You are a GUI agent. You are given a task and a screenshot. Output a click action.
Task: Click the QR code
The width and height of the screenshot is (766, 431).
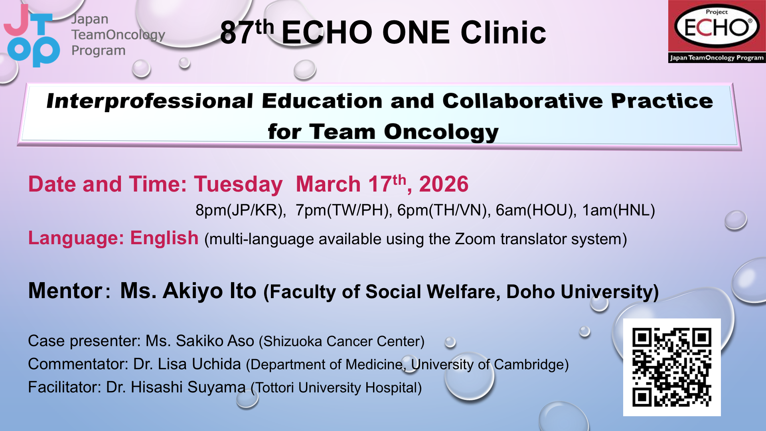(x=672, y=367)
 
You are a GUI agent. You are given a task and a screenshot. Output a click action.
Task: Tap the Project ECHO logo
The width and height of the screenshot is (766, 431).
(x=717, y=32)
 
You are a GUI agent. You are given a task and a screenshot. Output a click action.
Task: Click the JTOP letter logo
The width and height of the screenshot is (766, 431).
(x=32, y=36)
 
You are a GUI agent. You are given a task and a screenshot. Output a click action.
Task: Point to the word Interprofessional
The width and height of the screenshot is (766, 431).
(x=150, y=101)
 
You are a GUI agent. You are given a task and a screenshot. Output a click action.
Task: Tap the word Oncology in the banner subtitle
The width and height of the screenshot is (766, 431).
(x=441, y=132)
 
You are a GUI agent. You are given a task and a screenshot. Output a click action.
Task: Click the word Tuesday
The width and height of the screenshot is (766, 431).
(x=238, y=185)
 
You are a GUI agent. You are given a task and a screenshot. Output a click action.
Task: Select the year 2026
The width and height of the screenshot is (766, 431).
(x=444, y=184)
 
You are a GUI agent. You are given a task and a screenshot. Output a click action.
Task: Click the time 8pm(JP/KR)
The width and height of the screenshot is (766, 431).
(x=241, y=210)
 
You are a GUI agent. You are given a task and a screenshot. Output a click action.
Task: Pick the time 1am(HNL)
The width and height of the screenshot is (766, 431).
(x=618, y=210)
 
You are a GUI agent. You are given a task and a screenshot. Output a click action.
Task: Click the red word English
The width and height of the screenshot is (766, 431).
(x=164, y=238)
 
